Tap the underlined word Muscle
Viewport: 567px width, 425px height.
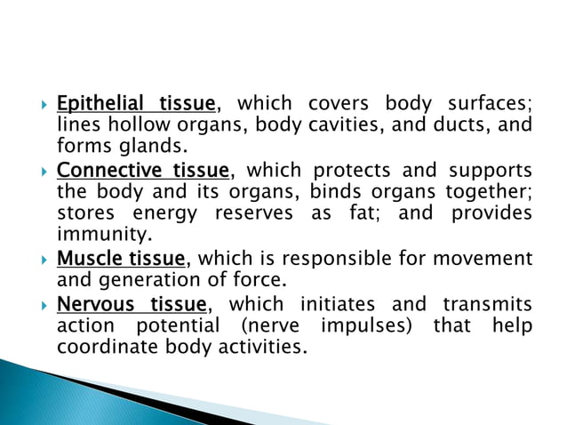(84, 259)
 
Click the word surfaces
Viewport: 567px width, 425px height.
(489, 105)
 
